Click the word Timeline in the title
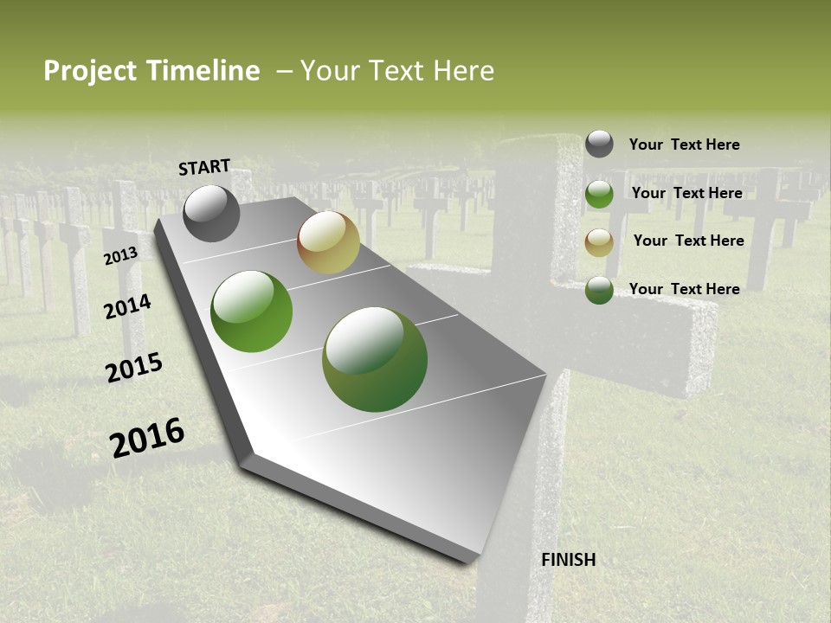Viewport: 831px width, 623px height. tap(203, 71)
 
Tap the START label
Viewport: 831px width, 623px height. tap(204, 167)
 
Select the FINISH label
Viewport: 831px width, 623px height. tap(569, 560)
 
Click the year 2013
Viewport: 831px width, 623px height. tap(120, 256)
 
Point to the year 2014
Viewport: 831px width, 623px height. tap(128, 306)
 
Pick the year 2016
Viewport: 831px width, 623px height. tap(147, 438)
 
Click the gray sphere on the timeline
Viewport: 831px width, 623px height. tap(211, 214)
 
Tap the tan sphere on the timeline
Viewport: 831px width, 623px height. tap(328, 242)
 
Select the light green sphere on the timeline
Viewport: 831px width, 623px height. tap(252, 311)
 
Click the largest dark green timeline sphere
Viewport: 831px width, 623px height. tap(375, 359)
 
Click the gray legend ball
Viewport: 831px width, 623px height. tap(599, 144)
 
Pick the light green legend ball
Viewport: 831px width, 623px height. tap(599, 194)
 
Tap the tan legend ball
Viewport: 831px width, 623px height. tap(599, 242)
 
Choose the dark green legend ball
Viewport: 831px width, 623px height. tap(599, 290)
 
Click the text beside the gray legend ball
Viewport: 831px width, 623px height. tap(685, 145)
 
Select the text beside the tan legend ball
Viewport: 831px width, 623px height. tap(688, 241)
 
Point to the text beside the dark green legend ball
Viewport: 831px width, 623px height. tap(685, 289)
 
